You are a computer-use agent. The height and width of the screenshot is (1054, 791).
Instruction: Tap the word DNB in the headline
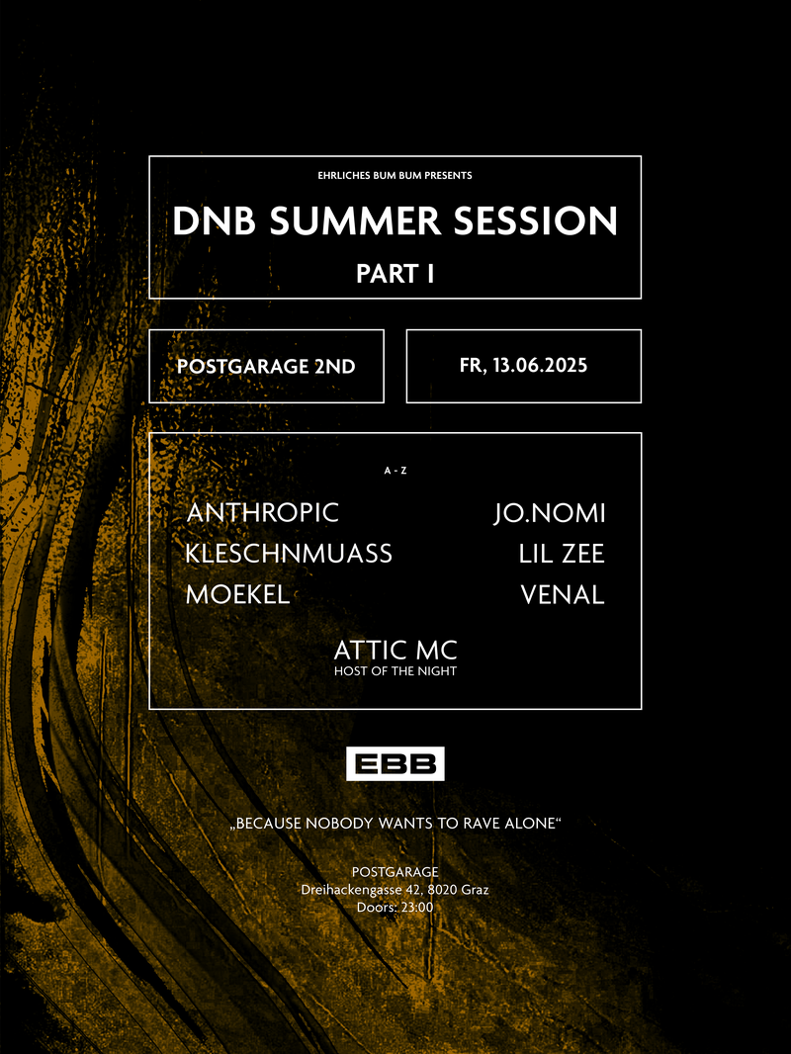coord(215,220)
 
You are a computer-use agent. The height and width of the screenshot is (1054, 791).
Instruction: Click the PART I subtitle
coord(395,274)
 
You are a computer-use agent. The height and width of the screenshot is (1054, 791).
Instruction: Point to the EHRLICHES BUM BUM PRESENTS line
coord(395,175)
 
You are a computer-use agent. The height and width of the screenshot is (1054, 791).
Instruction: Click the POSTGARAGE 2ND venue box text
coord(266,367)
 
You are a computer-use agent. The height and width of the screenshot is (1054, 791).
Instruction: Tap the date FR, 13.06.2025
coord(523,366)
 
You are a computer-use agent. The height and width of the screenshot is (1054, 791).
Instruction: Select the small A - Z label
coord(395,471)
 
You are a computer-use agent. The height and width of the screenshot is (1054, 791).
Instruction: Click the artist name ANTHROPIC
coord(263,512)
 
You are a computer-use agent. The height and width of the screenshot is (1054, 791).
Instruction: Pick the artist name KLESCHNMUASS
coord(289,554)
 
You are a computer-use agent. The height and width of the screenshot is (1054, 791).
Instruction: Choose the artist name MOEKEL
coord(238,594)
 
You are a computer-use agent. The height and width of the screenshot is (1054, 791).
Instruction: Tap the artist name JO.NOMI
coord(550,513)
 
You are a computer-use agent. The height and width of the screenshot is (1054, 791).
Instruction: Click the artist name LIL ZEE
coord(562,554)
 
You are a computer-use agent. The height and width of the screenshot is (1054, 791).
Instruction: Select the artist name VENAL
coord(563,595)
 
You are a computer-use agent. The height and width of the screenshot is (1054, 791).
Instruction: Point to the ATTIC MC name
coord(395,650)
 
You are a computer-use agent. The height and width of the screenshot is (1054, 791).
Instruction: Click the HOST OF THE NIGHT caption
coord(395,670)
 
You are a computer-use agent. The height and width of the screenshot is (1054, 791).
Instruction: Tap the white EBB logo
coord(395,763)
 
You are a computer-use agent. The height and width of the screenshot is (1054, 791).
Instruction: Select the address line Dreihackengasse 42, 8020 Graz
coord(395,890)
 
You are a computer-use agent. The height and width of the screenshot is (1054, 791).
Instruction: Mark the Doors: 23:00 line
coord(395,908)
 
